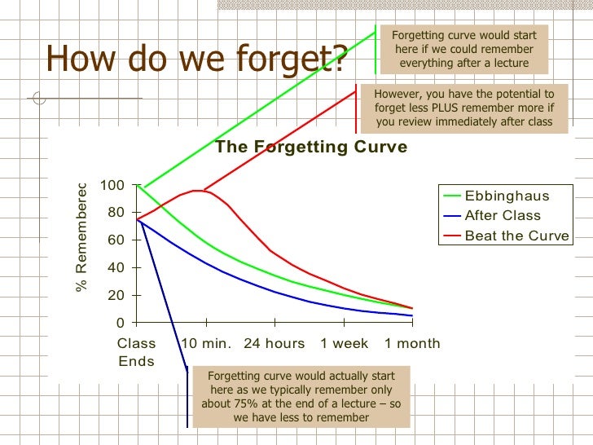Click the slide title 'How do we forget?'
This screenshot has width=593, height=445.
click(197, 58)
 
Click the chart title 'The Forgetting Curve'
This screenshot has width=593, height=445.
click(310, 148)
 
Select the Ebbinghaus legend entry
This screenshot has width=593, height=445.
click(507, 196)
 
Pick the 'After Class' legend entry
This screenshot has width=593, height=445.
click(503, 216)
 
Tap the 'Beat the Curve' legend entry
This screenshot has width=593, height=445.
click(516, 236)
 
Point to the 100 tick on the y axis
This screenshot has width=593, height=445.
click(112, 186)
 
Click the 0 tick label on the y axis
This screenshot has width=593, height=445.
click(120, 323)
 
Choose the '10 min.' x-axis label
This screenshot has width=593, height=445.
click(206, 343)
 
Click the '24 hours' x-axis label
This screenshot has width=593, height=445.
click(275, 343)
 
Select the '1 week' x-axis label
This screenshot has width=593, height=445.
click(344, 343)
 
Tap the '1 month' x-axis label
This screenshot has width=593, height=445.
click(412, 343)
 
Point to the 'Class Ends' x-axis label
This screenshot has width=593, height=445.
click(136, 352)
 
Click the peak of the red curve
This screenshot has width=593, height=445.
click(196, 191)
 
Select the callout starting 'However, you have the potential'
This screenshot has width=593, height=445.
click(463, 108)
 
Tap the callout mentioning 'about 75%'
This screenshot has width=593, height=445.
click(302, 396)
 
